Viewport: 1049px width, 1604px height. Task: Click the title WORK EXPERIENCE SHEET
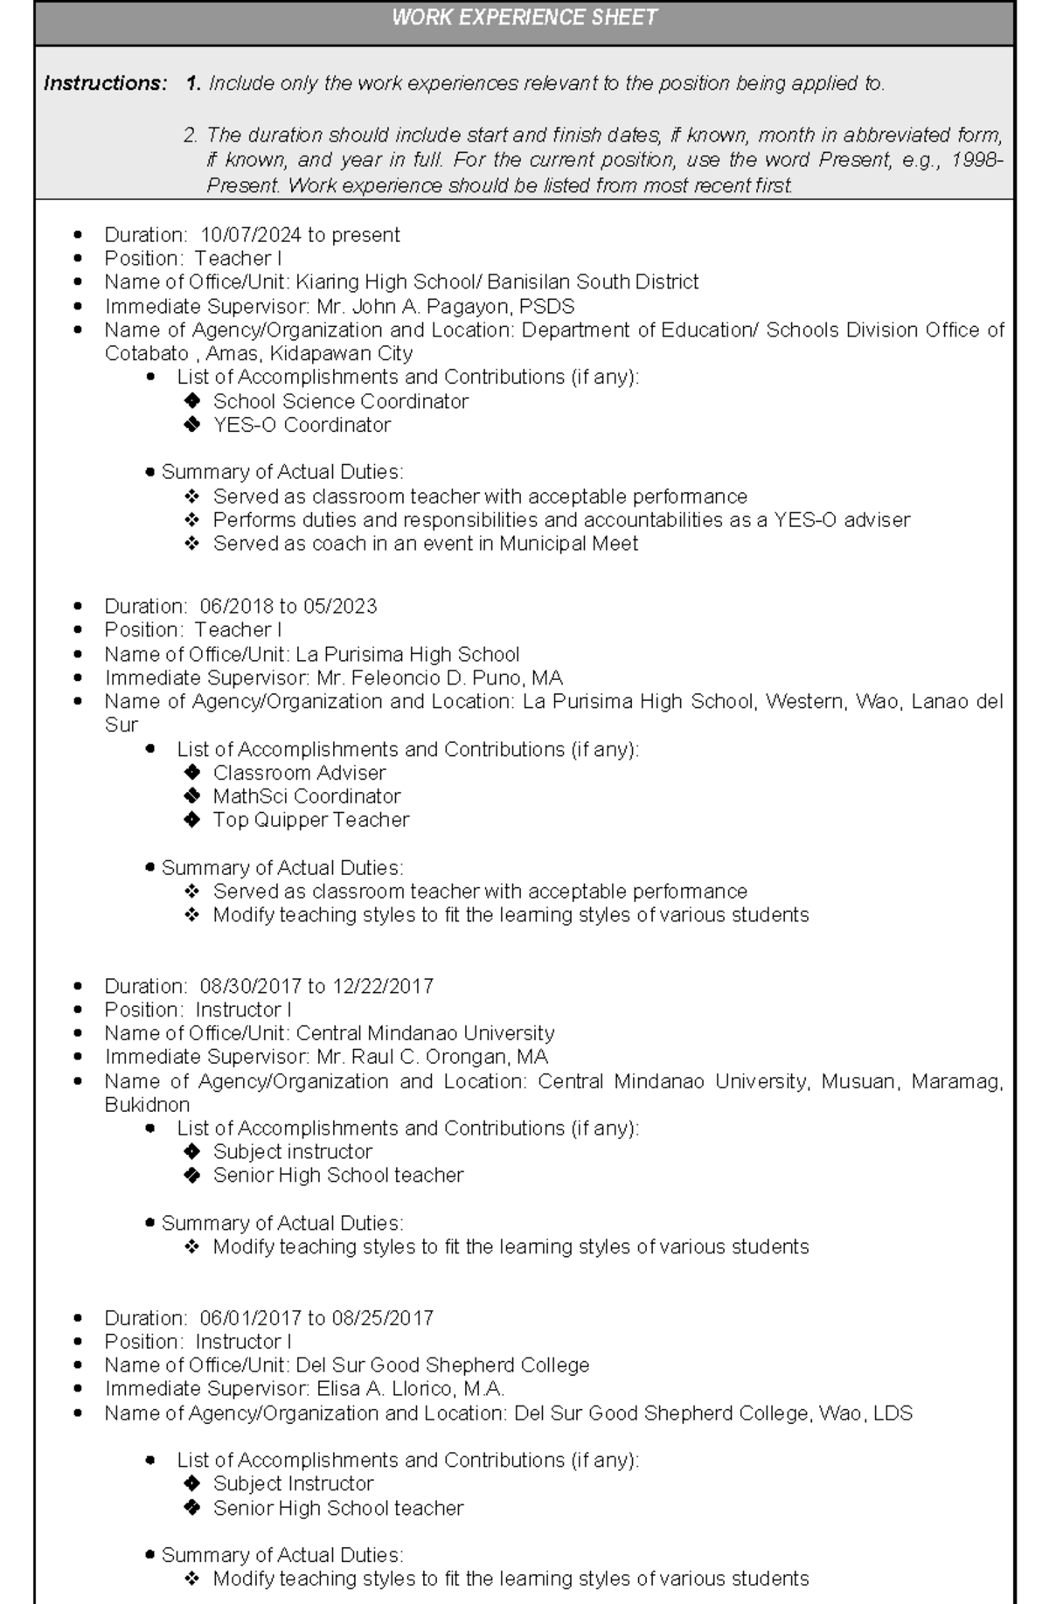(x=524, y=17)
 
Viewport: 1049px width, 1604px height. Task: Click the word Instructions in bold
(x=105, y=84)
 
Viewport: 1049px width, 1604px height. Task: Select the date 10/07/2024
(x=251, y=235)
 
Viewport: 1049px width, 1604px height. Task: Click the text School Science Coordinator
(x=340, y=401)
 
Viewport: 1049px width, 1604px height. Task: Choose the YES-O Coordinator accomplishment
(x=302, y=425)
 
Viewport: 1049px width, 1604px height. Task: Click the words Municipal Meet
(x=568, y=544)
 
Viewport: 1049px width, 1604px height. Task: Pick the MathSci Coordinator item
(x=306, y=796)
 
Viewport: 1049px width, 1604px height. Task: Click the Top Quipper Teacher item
(x=310, y=820)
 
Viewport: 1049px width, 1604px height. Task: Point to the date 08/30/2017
(x=251, y=987)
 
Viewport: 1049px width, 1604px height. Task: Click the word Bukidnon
(x=147, y=1105)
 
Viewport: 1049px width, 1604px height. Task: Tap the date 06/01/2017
(x=251, y=1318)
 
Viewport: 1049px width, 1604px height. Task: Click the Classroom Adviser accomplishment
(x=299, y=773)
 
